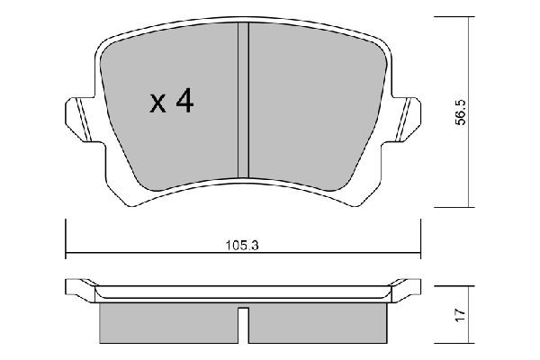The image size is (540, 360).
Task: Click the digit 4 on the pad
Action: click(x=184, y=103)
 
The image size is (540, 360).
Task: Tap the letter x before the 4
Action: click(x=157, y=104)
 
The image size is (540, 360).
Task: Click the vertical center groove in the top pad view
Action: click(x=242, y=99)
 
